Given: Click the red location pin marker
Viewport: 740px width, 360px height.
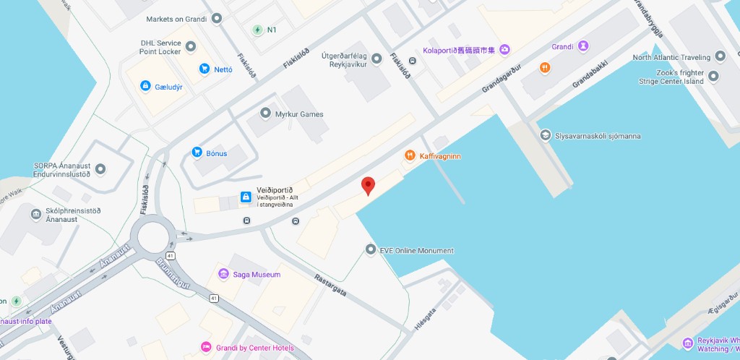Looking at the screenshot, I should coord(368,184).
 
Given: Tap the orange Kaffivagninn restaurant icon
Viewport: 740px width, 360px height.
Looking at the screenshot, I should coord(410,155).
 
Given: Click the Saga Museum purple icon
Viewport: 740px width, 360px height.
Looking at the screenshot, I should coord(224,274).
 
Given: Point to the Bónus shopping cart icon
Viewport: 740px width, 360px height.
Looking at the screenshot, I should coord(197,153).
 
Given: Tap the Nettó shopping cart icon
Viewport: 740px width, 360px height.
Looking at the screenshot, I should coord(205,69).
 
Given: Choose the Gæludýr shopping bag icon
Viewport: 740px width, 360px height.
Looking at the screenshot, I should coord(145,87).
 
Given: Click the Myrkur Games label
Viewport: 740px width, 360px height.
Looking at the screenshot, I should coord(298,114).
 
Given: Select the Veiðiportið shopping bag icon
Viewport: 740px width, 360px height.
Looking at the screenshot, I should coord(246,197).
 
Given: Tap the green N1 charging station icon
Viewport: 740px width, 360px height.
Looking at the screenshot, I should coord(257,30).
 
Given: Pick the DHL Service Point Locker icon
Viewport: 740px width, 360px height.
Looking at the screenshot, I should coord(191,47).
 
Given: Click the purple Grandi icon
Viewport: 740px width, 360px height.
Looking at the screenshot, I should coord(582,46).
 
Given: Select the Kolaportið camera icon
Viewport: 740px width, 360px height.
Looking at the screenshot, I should coord(504,50).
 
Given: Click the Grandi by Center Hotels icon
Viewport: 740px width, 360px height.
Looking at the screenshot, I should coord(206,348).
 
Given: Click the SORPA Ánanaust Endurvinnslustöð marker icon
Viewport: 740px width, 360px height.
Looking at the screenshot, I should coord(100,169).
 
